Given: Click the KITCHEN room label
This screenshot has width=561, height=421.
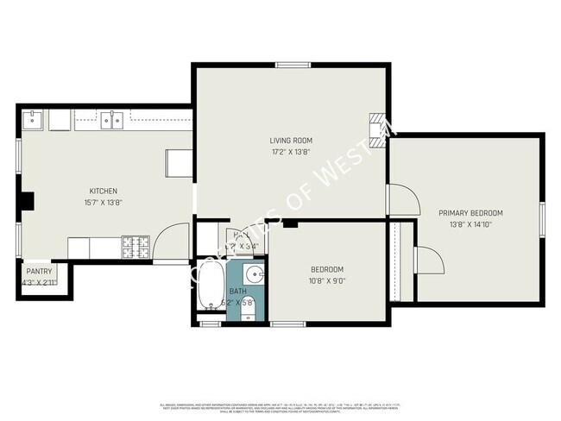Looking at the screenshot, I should (103, 191).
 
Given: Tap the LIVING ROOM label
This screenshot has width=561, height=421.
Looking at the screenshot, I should (291, 141).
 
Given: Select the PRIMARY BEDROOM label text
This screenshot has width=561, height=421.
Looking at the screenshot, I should (470, 213).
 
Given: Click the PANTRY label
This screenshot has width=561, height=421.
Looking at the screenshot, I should (39, 271).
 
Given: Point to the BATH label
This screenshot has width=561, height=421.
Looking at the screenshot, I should (237, 292).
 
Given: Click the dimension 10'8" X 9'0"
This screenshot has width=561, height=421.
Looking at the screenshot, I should (326, 280).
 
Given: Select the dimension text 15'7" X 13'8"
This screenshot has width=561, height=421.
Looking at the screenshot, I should (103, 203).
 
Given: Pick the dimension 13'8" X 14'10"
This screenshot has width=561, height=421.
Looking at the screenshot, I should (470, 224).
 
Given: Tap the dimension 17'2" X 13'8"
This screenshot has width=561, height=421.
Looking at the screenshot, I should (291, 152).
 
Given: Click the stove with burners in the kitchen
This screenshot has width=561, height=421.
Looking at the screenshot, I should (135, 248).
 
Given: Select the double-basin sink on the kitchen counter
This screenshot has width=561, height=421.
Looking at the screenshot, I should (110, 120).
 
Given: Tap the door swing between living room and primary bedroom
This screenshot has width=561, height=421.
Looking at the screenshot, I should (402, 200).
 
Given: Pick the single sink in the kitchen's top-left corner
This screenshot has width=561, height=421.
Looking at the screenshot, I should (35, 118).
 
